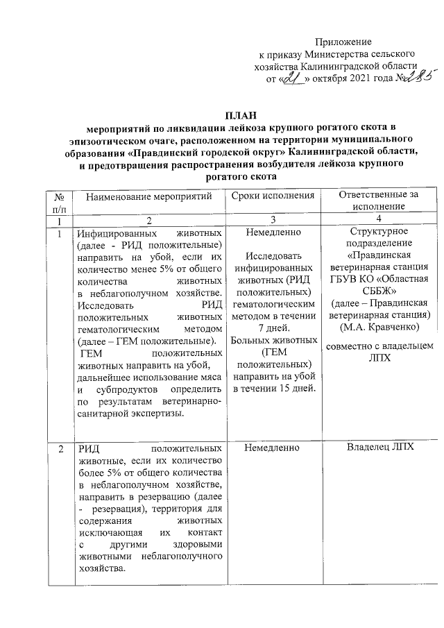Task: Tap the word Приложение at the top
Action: [344, 42]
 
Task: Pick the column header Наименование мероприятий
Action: [149, 198]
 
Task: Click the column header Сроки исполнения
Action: [272, 197]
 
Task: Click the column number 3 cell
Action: [272, 219]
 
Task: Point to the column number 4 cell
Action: [378, 219]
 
